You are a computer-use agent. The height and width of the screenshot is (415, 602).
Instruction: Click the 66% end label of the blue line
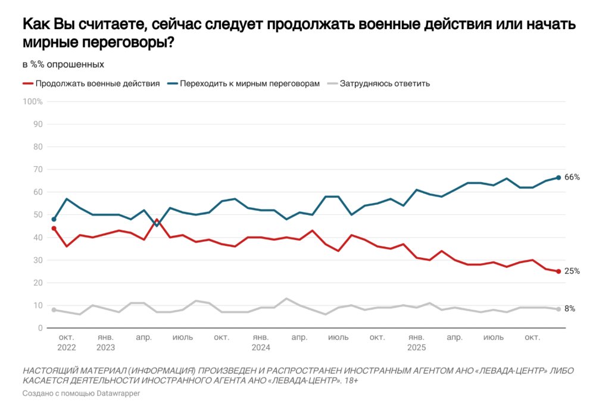(572, 177)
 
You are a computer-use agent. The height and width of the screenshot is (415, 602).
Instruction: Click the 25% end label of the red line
(572, 272)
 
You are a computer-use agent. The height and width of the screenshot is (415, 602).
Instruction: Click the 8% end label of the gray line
(570, 308)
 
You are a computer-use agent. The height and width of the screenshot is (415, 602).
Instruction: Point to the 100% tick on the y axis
(33, 102)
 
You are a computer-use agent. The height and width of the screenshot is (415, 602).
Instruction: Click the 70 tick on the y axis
(38, 170)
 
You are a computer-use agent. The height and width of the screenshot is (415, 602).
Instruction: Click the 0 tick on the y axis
(40, 328)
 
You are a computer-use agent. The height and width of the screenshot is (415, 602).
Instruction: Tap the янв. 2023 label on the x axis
(105, 342)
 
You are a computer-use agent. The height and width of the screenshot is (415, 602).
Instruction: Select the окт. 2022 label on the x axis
(67, 342)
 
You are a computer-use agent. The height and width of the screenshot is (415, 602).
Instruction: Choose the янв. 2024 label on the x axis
(261, 342)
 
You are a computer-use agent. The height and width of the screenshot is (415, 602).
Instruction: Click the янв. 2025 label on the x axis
(416, 342)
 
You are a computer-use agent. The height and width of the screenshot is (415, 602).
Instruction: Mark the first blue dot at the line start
(54, 219)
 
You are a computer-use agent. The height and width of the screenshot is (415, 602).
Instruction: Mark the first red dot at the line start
(54, 228)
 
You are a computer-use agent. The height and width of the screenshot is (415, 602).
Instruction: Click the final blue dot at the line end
(558, 177)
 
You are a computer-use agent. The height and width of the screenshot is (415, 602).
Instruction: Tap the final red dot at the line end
(558, 272)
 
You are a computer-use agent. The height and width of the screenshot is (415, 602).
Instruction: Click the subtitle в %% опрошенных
(63, 64)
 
